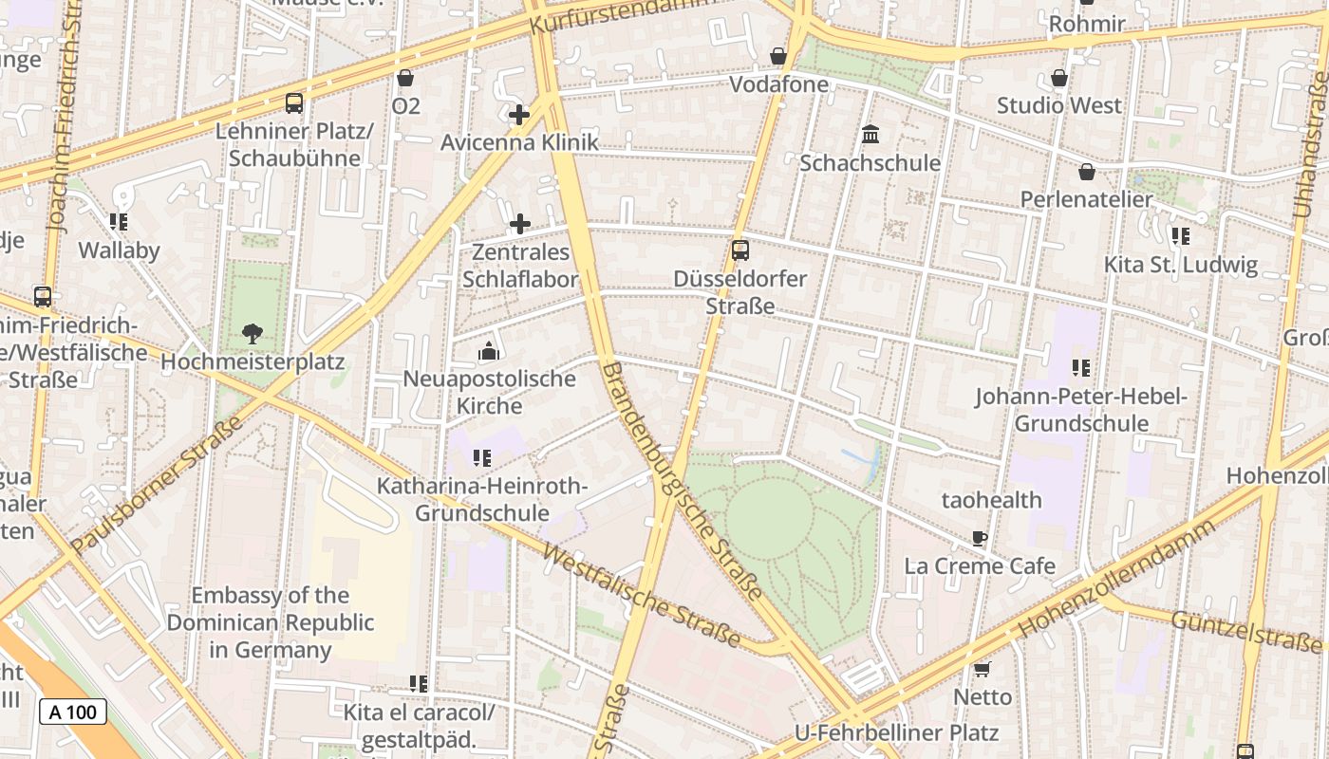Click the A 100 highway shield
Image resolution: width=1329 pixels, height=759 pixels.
coord(73,712)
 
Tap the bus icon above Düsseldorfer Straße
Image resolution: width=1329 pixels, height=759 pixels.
coord(740,250)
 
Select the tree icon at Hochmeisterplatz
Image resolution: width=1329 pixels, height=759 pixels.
coord(252,333)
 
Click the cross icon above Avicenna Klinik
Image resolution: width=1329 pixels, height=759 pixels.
coord(519,116)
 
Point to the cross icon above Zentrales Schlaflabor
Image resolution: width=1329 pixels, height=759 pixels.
coord(520,225)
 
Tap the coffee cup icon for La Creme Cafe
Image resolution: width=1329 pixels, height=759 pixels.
coord(980,539)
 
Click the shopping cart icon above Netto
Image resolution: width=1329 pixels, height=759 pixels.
coord(983,670)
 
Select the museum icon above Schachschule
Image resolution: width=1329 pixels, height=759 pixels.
coord(870,135)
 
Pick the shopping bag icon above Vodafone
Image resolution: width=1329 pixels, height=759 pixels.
coord(778,57)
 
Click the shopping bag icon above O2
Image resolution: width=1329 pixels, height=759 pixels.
coord(405,78)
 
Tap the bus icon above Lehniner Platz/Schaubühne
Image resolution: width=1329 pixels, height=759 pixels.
coord(294,103)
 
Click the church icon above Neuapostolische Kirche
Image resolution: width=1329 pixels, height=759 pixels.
coord(489,352)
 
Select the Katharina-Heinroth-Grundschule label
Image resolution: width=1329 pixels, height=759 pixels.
coord(482,500)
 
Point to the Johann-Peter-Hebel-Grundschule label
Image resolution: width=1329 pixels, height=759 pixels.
coord(1081,410)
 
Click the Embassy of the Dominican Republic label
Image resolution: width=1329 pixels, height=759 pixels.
coord(271,622)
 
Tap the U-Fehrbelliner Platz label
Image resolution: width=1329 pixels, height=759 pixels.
coord(896,732)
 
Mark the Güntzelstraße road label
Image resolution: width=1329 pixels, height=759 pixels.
coord(1245,632)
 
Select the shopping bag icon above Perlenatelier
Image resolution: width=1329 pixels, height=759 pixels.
coord(1087,172)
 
